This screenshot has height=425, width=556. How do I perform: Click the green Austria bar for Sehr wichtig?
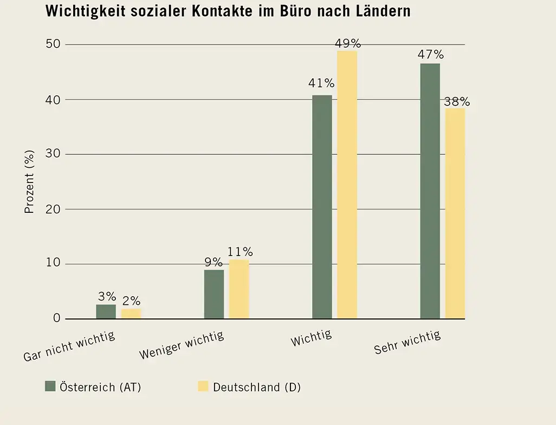[430, 191]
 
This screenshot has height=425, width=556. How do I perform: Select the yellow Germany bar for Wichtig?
[347, 184]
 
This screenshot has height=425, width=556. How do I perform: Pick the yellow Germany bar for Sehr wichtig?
[455, 213]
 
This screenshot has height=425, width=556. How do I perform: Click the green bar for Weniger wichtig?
[214, 294]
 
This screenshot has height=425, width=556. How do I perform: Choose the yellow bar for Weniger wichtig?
[239, 289]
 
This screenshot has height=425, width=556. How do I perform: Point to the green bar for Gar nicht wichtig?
[106, 311]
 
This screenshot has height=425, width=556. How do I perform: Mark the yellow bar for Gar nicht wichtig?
[131, 313]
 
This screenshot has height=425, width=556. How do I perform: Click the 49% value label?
[348, 43]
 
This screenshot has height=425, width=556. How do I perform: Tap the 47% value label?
[430, 55]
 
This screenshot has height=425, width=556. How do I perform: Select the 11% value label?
[240, 252]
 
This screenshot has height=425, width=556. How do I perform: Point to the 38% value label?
[457, 102]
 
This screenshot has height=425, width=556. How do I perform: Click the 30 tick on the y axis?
[53, 154]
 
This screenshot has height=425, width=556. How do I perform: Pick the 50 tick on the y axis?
[53, 44]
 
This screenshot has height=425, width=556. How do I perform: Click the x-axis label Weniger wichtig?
[182, 345]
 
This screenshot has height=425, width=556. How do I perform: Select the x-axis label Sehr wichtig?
[408, 343]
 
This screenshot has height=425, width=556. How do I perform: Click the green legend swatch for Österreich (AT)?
[50, 386]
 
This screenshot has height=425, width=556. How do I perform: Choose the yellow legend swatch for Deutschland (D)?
[203, 386]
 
